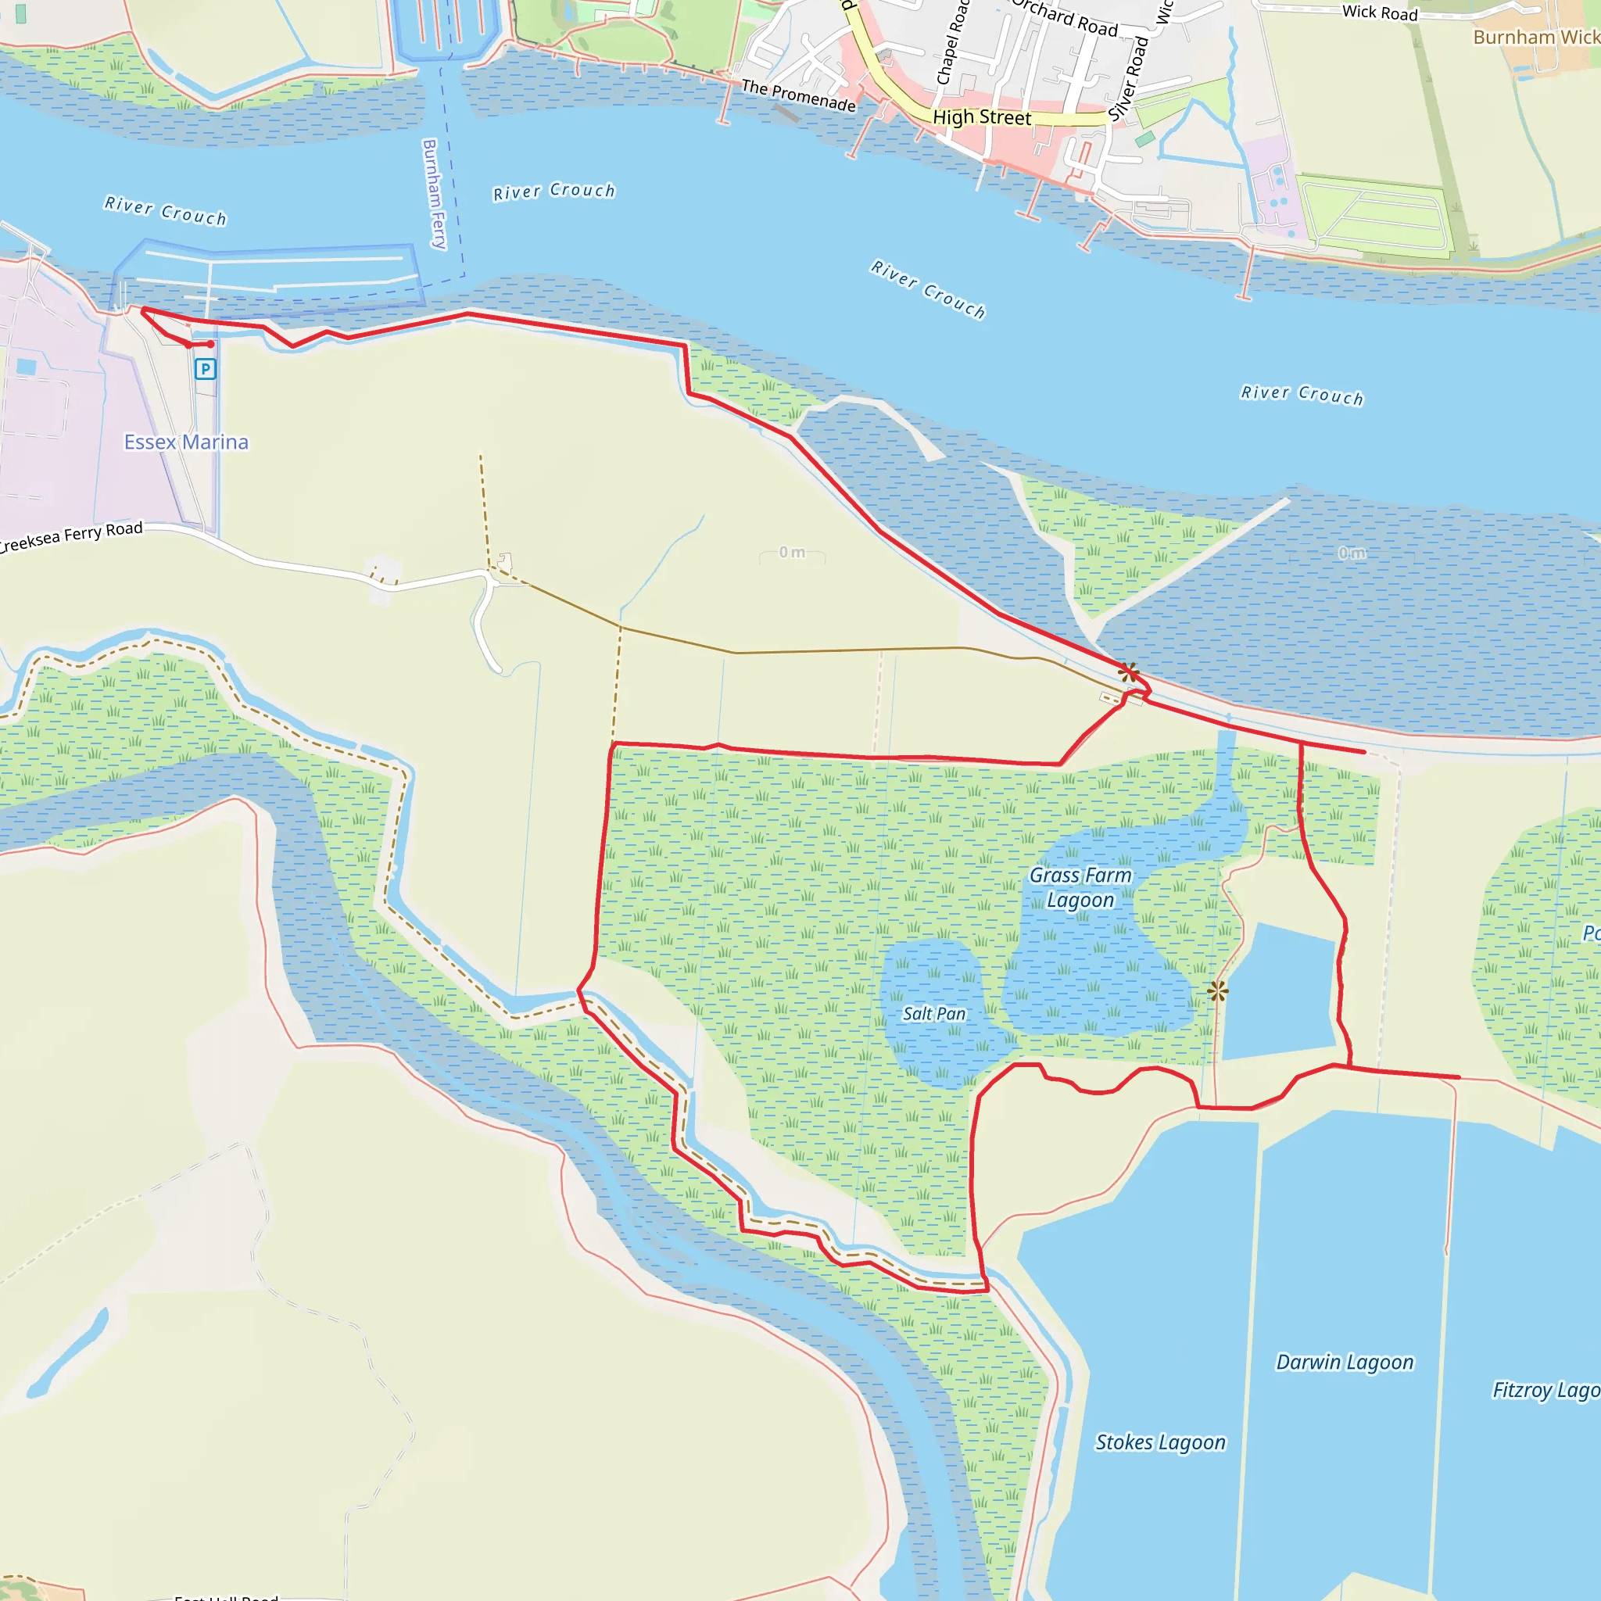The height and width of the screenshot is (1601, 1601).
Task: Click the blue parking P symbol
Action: (205, 369)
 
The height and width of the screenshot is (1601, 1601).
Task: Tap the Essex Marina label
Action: (187, 442)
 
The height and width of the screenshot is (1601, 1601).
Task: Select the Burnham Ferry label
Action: (434, 194)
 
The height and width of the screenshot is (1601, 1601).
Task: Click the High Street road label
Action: (982, 118)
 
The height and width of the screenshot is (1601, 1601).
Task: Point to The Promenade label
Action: (798, 95)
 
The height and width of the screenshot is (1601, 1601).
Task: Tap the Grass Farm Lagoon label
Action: (1080, 887)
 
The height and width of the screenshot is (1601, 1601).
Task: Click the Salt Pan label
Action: (934, 1013)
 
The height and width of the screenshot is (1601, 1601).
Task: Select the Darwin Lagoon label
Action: (1344, 1363)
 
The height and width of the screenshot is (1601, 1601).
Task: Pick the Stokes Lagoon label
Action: (1160, 1443)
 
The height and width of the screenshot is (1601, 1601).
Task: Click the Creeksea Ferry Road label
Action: (71, 536)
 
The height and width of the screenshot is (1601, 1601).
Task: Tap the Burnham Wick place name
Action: (1535, 38)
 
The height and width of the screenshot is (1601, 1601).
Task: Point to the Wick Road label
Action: (1380, 13)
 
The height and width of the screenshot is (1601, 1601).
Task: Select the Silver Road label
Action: (1129, 79)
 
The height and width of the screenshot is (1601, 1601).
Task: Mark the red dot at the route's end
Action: (210, 344)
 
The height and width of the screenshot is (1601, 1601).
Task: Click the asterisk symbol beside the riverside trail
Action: (1128, 672)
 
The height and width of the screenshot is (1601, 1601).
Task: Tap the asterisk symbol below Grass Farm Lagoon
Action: (1217, 990)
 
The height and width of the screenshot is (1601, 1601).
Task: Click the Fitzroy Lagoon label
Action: (1546, 1390)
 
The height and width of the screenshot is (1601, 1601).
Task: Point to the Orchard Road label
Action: (1066, 19)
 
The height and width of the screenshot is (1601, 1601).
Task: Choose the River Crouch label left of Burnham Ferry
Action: (166, 211)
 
